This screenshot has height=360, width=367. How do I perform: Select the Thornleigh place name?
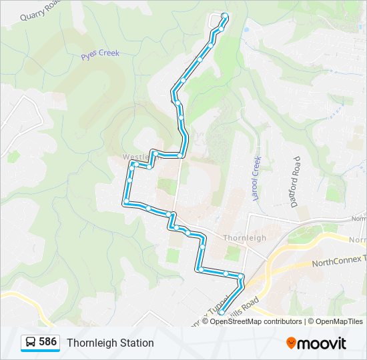click(x=244, y=238)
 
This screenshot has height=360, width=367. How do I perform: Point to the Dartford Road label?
click(x=296, y=182)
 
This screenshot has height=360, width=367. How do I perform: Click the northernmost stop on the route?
click(x=225, y=15)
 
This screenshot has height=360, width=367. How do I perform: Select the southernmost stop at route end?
click(x=221, y=306)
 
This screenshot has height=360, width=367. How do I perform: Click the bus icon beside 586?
click(x=31, y=343)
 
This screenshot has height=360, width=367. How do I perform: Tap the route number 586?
click(x=47, y=342)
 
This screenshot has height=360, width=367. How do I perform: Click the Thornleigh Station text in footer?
click(x=110, y=343)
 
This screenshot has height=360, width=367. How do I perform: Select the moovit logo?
click(x=316, y=343)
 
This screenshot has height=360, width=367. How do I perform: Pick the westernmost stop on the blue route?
click(x=125, y=201)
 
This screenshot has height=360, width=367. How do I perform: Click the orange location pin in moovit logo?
click(x=292, y=343)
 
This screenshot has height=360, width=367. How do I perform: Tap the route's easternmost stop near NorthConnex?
click(x=241, y=276)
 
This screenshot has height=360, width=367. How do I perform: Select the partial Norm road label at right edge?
click(x=358, y=219)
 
